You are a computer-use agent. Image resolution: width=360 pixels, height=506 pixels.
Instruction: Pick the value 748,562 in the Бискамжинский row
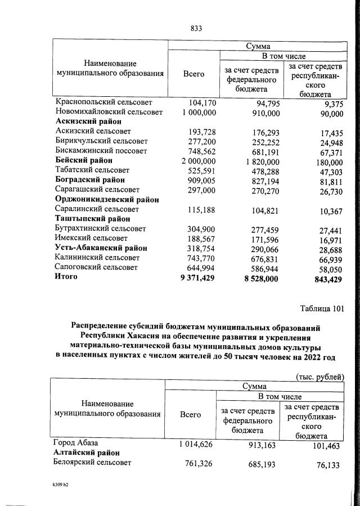click(200, 151)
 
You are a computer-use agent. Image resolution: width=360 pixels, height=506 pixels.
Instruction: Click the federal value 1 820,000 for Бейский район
click(255, 160)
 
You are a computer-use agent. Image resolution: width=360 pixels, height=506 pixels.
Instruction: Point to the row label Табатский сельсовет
click(92, 170)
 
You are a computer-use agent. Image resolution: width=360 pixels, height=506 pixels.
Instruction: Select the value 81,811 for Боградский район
click(330, 180)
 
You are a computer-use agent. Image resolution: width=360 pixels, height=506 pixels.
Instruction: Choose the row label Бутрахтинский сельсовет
click(101, 229)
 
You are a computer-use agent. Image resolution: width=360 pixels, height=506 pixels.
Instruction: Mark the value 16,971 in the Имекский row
click(330, 238)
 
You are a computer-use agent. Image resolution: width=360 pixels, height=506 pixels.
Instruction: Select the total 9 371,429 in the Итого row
click(195, 277)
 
